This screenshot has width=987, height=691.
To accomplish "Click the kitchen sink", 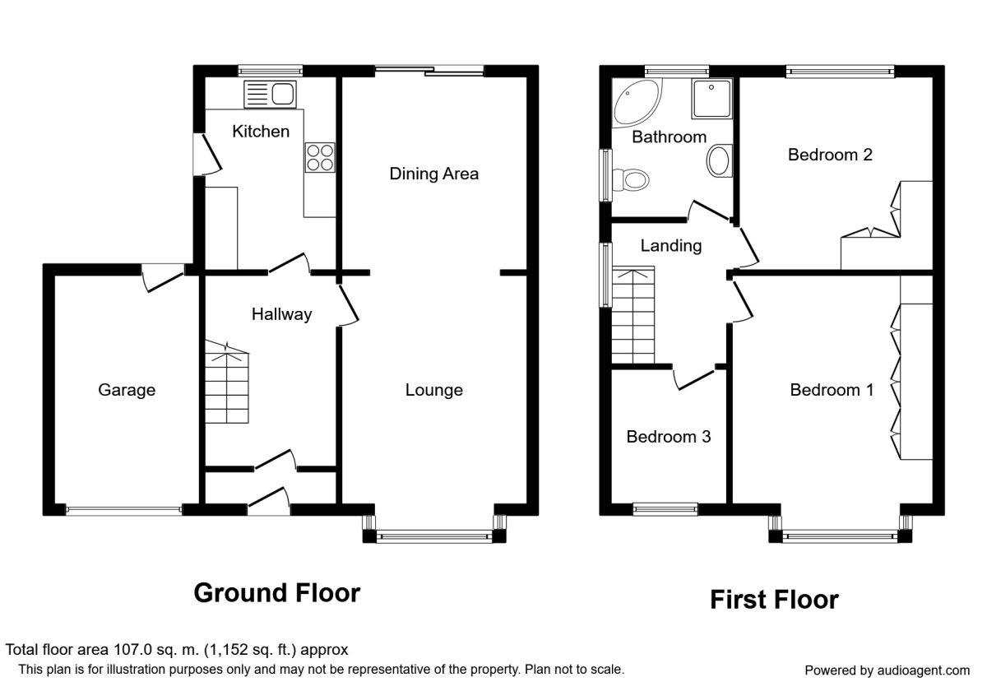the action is [x=270, y=94].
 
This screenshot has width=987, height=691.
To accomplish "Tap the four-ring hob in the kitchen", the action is [x=320, y=158].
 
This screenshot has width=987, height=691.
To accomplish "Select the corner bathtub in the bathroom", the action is [x=636, y=102].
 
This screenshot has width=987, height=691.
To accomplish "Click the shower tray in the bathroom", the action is [x=711, y=99].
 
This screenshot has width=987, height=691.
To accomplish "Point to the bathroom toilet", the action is [x=631, y=180].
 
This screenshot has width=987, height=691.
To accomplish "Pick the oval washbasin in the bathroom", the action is [x=719, y=161].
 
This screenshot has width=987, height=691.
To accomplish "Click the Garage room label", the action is [x=127, y=390].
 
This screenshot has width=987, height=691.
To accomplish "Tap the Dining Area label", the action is [x=434, y=174].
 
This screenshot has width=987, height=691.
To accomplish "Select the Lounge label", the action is [x=434, y=390].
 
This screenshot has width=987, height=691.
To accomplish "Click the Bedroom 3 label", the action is [x=669, y=437].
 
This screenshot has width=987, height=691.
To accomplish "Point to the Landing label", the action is [x=670, y=246].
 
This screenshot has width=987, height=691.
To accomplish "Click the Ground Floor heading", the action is [x=277, y=593].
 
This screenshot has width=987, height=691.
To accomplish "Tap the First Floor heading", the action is [x=774, y=600].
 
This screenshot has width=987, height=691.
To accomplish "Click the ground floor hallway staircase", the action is [x=226, y=382].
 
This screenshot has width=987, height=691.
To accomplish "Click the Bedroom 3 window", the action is [x=665, y=509].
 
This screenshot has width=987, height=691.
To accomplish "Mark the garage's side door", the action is [x=163, y=277].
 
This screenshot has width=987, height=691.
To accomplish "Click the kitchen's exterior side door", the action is [x=207, y=155].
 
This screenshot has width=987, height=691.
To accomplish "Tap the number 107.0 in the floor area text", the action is [x=132, y=650].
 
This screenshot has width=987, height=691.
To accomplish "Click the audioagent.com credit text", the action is [x=887, y=670].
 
